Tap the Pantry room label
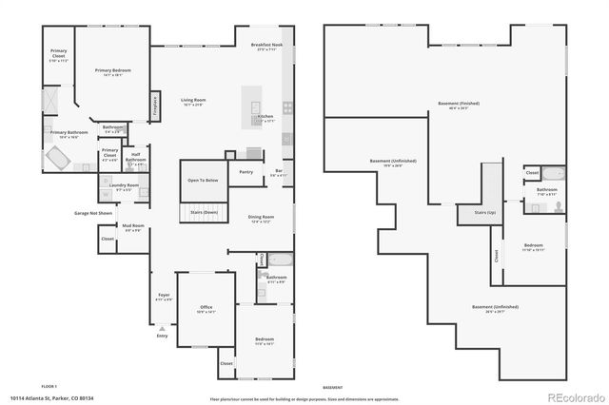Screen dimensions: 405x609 [x=246, y=172]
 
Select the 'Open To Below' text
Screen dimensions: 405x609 [x=203, y=179]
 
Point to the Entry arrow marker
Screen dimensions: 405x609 [x=162, y=328]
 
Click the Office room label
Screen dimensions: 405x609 [x=206, y=308]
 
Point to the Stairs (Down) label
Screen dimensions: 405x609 [x=204, y=212]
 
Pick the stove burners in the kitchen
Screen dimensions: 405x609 [x=285, y=107]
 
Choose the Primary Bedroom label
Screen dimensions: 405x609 [x=112, y=71]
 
